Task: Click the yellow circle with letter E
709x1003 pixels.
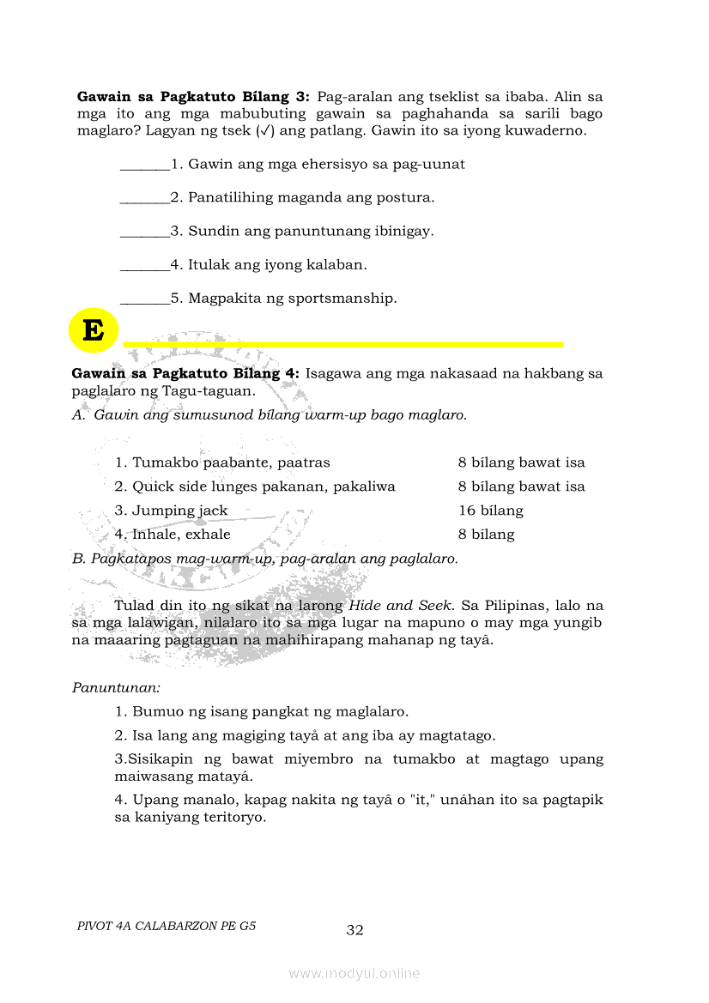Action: coord(93,329)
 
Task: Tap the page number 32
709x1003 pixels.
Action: coord(355,930)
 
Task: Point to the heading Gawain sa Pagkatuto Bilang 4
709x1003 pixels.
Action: coord(185,373)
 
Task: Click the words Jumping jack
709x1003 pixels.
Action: coord(180,511)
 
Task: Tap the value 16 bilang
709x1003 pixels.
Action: coord(490,511)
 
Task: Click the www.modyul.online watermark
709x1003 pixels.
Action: coord(354,973)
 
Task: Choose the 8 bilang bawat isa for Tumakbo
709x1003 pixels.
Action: coord(521,462)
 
